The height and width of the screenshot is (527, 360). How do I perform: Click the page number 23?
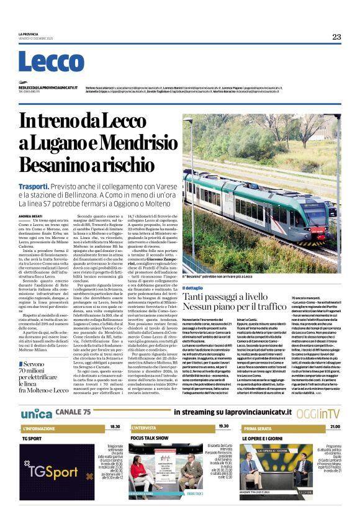(336, 37)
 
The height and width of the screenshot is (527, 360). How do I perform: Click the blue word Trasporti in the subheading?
(34, 186)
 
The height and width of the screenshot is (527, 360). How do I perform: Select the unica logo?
(37, 413)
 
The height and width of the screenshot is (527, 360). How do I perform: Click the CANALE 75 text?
(73, 412)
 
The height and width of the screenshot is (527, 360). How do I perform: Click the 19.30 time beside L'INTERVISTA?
(223, 427)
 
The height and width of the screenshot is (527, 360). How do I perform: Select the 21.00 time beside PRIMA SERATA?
(335, 427)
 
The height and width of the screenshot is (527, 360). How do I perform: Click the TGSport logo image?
(55, 473)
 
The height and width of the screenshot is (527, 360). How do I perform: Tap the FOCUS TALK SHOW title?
(150, 437)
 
